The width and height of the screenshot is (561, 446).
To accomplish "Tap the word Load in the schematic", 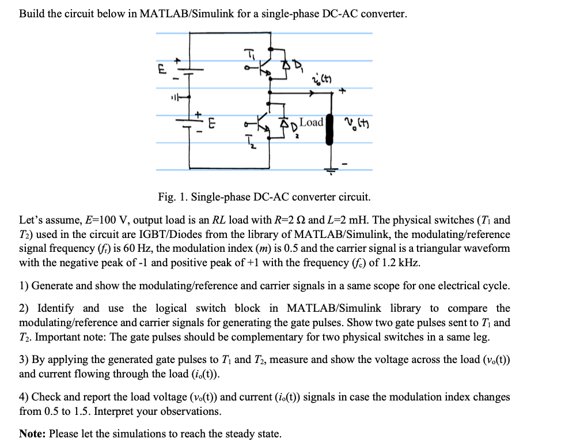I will tap(312, 122).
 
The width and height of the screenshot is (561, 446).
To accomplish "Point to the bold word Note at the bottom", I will tap(32, 433).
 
